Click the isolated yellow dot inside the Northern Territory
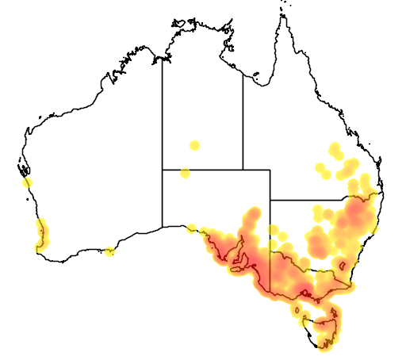(194, 145)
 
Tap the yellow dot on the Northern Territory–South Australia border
(185, 173)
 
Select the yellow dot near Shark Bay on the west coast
(28, 182)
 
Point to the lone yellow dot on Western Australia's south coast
(109, 252)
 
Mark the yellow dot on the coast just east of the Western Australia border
(192, 228)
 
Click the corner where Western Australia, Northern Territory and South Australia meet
(163, 169)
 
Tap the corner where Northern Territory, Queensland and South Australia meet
(243, 169)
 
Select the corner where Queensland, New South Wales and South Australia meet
(270, 200)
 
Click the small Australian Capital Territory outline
(343, 265)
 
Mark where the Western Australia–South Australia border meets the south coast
(163, 227)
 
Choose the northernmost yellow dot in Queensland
(335, 147)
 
